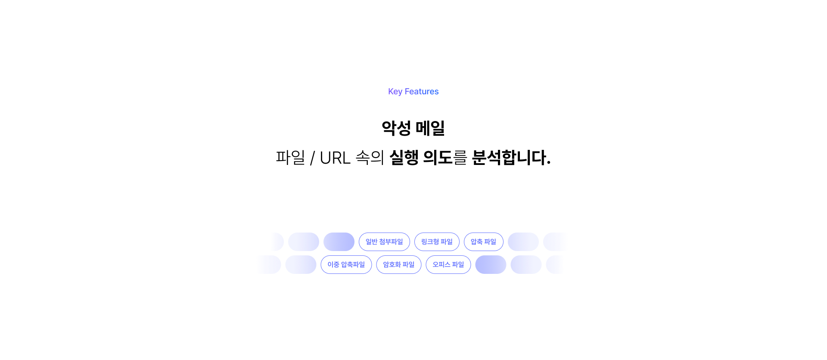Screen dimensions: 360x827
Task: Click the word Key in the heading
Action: pyautogui.click(x=395, y=92)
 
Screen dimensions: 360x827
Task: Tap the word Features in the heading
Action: pyautogui.click(x=422, y=92)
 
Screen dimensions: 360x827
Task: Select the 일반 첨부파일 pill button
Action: pyautogui.click(x=384, y=242)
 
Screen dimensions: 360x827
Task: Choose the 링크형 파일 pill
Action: pyautogui.click(x=437, y=242)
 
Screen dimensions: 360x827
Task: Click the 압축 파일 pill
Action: pyautogui.click(x=483, y=242)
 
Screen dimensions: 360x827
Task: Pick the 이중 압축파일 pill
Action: pyautogui.click(x=346, y=264)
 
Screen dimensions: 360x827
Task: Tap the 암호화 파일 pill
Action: pyautogui.click(x=398, y=264)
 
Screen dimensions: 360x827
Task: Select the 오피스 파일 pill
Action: pyautogui.click(x=448, y=264)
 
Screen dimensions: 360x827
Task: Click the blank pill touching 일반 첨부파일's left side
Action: pyautogui.click(x=339, y=242)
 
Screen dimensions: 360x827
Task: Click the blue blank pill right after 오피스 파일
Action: pyautogui.click(x=491, y=264)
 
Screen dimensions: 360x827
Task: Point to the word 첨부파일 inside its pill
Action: pyautogui.click(x=391, y=242)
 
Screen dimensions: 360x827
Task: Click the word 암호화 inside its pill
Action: pyautogui.click(x=392, y=264)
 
